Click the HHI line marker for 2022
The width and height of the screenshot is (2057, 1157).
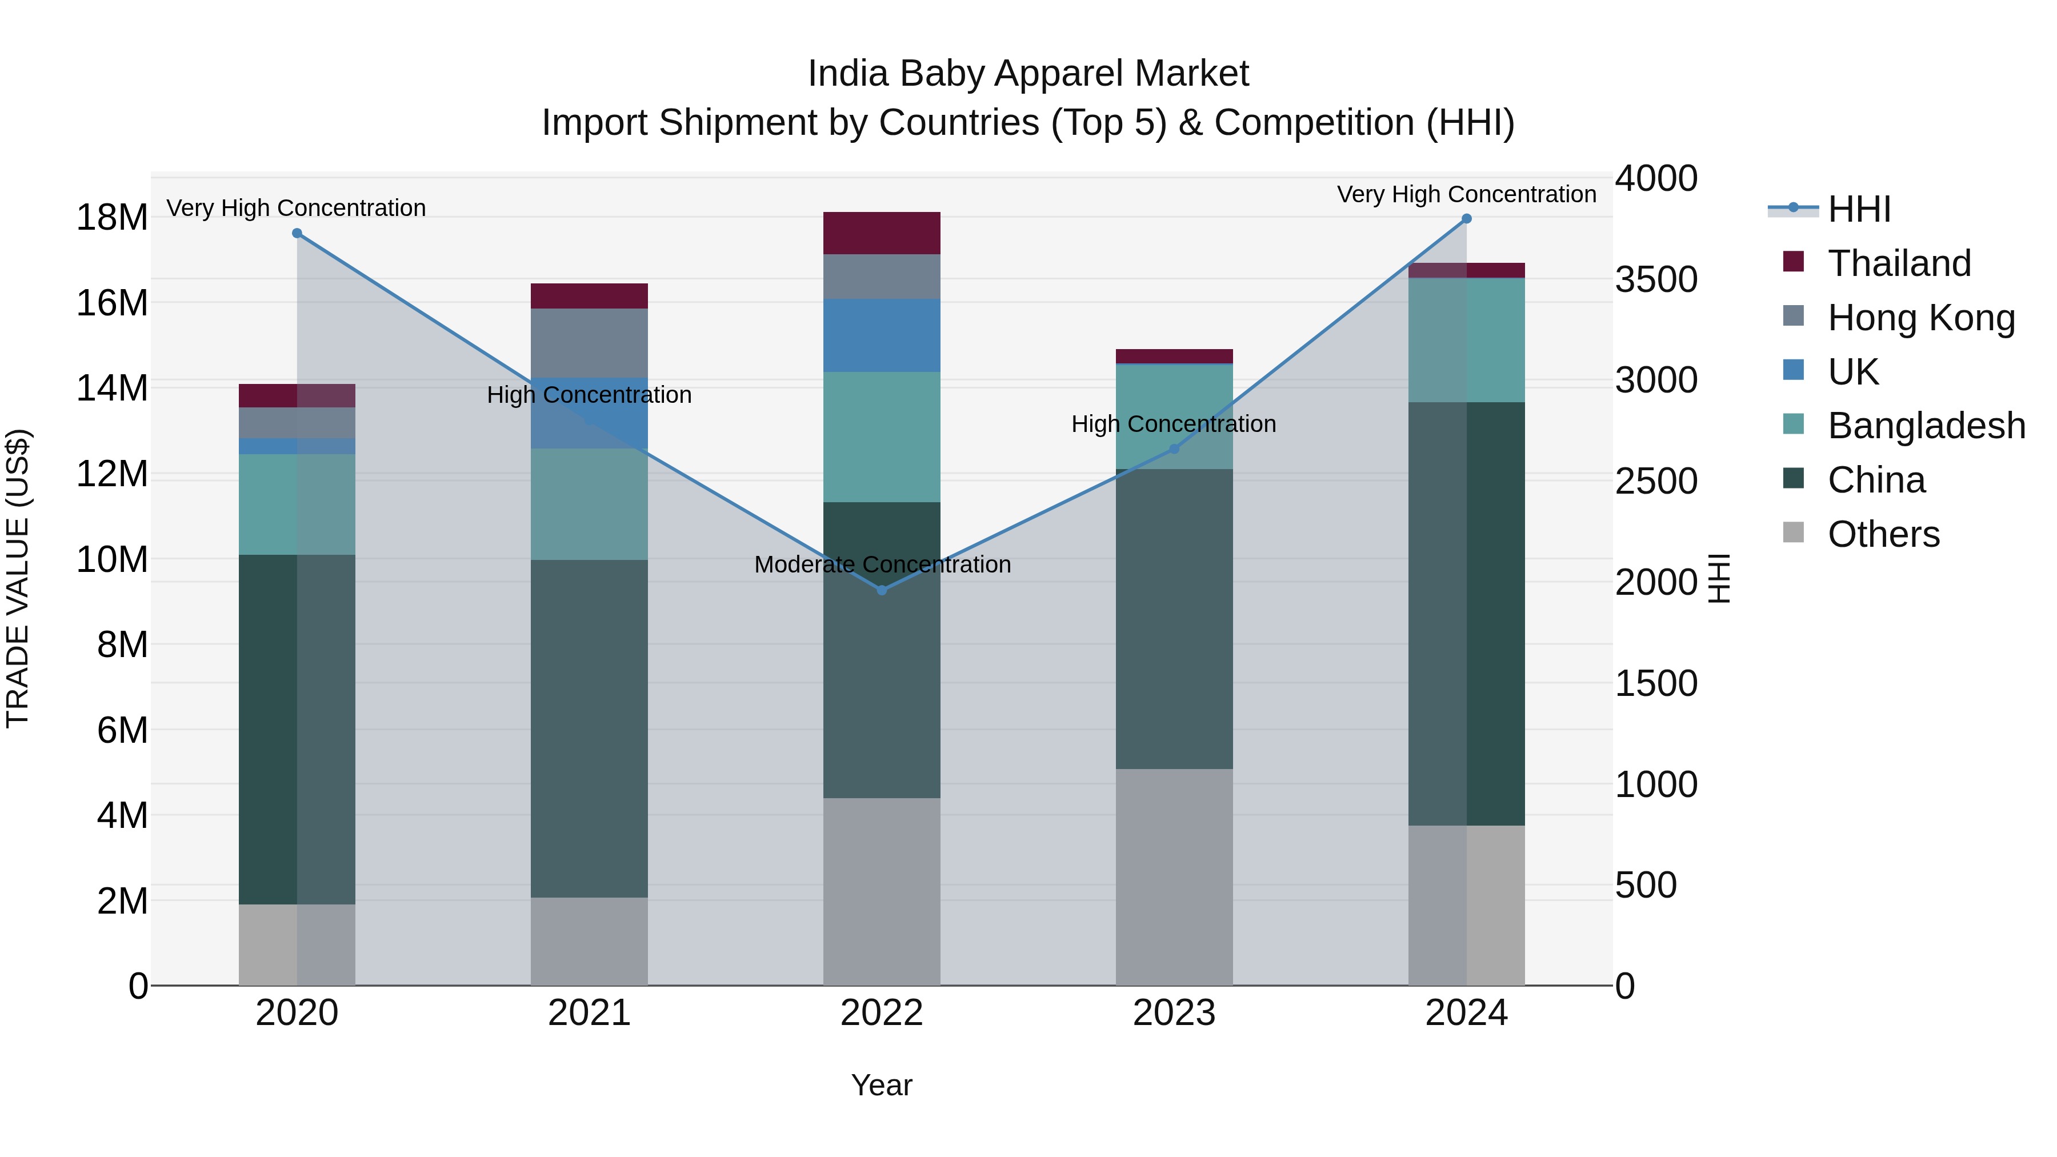pos(882,590)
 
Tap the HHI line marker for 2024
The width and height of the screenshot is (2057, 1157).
pos(1466,219)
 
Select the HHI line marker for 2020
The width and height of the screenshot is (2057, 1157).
pos(297,233)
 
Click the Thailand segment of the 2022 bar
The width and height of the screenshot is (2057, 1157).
pos(882,233)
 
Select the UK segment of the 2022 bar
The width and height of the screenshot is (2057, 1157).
pos(882,335)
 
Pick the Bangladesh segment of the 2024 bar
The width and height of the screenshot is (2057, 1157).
pos(1466,340)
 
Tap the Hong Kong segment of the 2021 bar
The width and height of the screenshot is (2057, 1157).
pos(589,343)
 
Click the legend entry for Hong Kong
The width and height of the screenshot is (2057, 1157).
pos(1920,318)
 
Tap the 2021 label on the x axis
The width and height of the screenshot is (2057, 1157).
pos(589,1013)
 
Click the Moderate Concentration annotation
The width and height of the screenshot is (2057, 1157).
pos(882,565)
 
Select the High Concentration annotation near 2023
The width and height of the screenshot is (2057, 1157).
pos(1173,424)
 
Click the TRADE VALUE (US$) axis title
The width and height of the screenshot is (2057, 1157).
pos(18,578)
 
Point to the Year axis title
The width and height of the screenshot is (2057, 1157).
pos(882,1085)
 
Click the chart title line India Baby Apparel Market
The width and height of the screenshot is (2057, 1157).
pos(1028,74)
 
